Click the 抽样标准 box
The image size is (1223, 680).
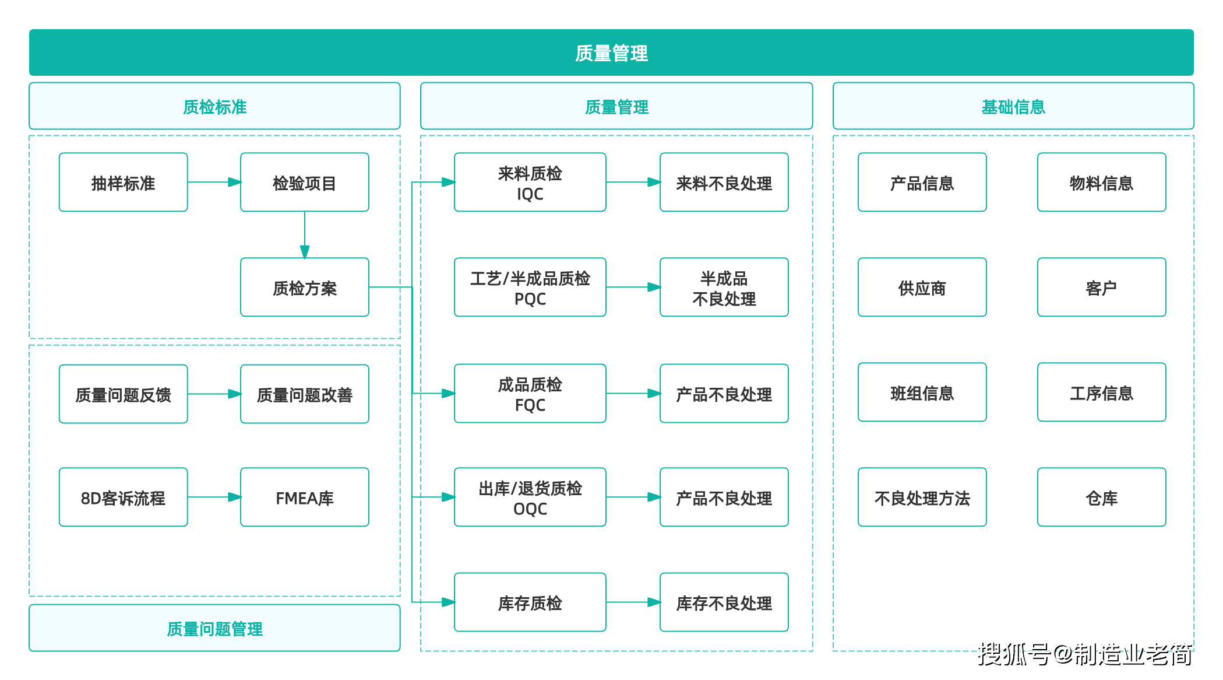click(123, 183)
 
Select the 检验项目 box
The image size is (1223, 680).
click(304, 183)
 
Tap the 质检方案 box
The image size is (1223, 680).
click(304, 288)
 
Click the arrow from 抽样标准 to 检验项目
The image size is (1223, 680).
click(214, 182)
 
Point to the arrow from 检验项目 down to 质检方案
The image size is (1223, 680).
click(304, 234)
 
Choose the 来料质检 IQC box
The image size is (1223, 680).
click(530, 183)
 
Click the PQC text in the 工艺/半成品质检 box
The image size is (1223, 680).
click(530, 299)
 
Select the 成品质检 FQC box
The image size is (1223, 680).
click(530, 394)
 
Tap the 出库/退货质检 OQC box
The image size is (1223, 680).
click(530, 497)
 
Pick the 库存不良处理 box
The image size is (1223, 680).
click(724, 602)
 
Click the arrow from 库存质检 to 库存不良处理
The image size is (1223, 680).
click(633, 602)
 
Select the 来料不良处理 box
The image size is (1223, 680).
click(724, 183)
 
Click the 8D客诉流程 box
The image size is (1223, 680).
click(123, 497)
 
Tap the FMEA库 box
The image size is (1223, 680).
click(304, 497)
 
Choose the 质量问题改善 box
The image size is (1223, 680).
click(304, 394)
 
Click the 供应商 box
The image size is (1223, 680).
click(922, 288)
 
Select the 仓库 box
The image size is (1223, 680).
click(1101, 497)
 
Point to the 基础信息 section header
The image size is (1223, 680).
click(1013, 106)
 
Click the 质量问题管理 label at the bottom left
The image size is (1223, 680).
click(214, 628)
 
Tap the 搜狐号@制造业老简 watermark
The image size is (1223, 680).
click(1085, 654)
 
